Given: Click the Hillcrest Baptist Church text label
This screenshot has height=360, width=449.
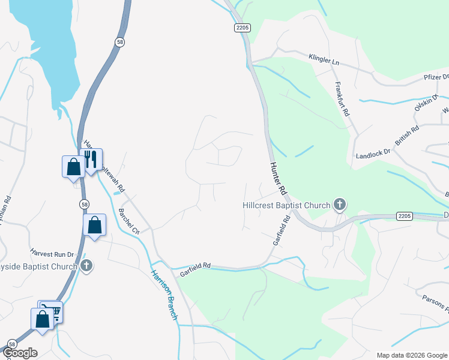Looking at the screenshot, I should pyautogui.click(x=286, y=205).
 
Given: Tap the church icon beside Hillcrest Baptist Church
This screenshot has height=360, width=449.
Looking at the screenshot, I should pyautogui.click(x=340, y=205).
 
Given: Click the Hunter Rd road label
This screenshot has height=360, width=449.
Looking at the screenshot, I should pyautogui.click(x=277, y=178).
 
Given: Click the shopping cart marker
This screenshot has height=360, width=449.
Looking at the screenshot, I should pyautogui.click(x=50, y=310).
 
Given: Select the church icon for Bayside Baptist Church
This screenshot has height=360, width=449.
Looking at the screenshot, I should pyautogui.click(x=86, y=266).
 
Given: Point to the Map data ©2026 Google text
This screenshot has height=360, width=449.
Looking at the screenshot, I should pyautogui.click(x=411, y=355).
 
